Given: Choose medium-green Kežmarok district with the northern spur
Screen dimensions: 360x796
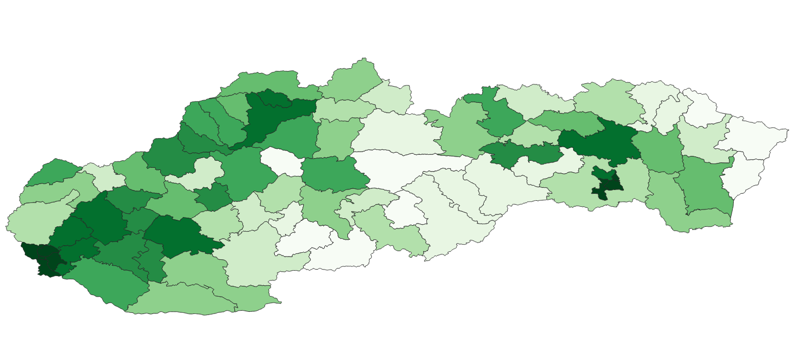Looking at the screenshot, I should coord(498,116).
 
